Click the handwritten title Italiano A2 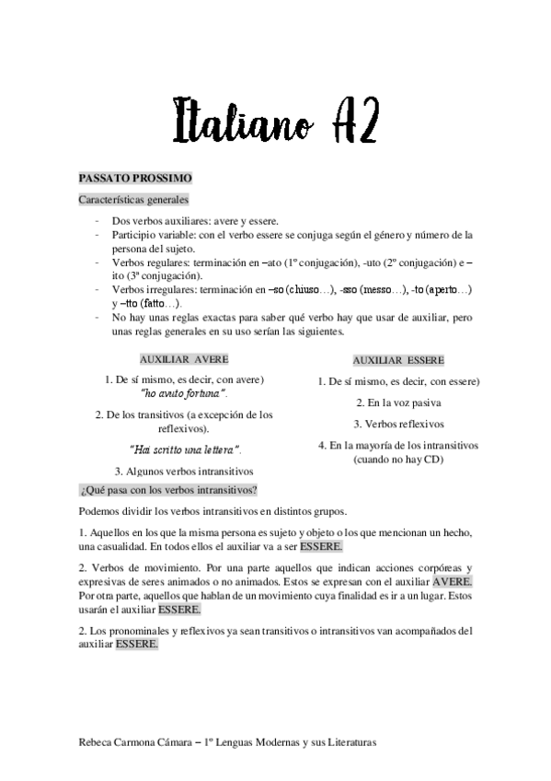(x=275, y=119)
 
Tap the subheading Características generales (x=133, y=199)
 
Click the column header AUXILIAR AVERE (x=184, y=358)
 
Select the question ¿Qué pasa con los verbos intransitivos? (x=169, y=489)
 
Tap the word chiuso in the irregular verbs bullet (x=304, y=289)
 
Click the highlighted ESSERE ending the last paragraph (x=136, y=644)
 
